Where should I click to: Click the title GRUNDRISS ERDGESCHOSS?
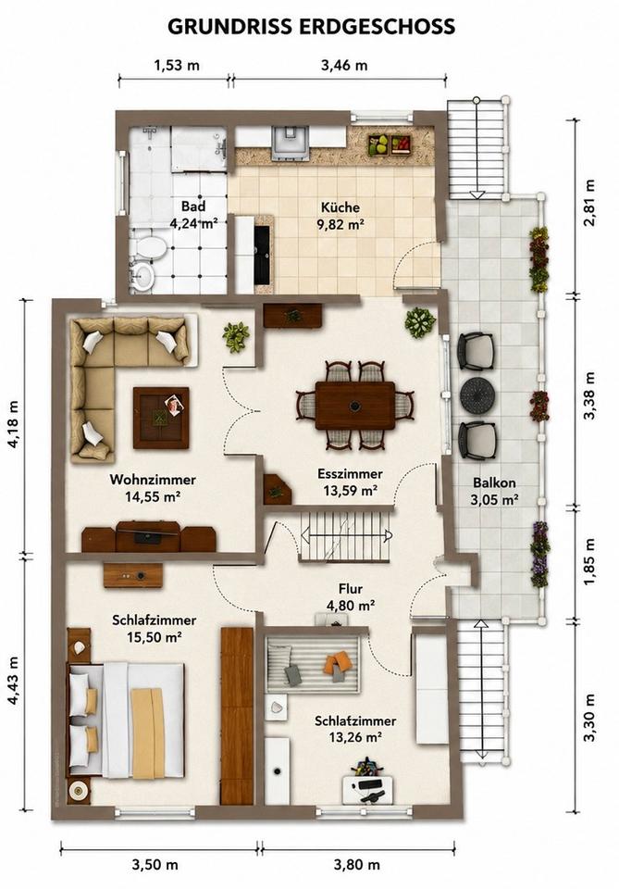pyautogui.click(x=311, y=26)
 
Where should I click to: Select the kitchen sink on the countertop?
pyautogui.click(x=291, y=142)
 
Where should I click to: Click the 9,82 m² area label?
pyautogui.click(x=340, y=224)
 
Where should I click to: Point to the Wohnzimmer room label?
pyautogui.click(x=153, y=480)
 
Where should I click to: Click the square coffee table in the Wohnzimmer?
pyautogui.click(x=161, y=418)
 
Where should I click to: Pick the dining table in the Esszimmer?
pyautogui.click(x=355, y=406)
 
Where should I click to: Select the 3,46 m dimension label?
pyautogui.click(x=344, y=65)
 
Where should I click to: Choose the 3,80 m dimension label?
pyautogui.click(x=357, y=865)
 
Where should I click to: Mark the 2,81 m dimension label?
pyautogui.click(x=589, y=202)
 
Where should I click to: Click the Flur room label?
pyautogui.click(x=351, y=589)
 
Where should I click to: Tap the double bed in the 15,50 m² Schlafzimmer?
pyautogui.click(x=126, y=720)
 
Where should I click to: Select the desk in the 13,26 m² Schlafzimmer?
pyautogui.click(x=368, y=789)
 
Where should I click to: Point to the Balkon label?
pyautogui.click(x=494, y=483)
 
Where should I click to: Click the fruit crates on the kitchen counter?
pyautogui.click(x=390, y=144)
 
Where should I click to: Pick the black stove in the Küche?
pyautogui.click(x=262, y=254)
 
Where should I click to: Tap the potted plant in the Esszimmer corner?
pyautogui.click(x=420, y=322)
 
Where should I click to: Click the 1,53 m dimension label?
pyautogui.click(x=177, y=65)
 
